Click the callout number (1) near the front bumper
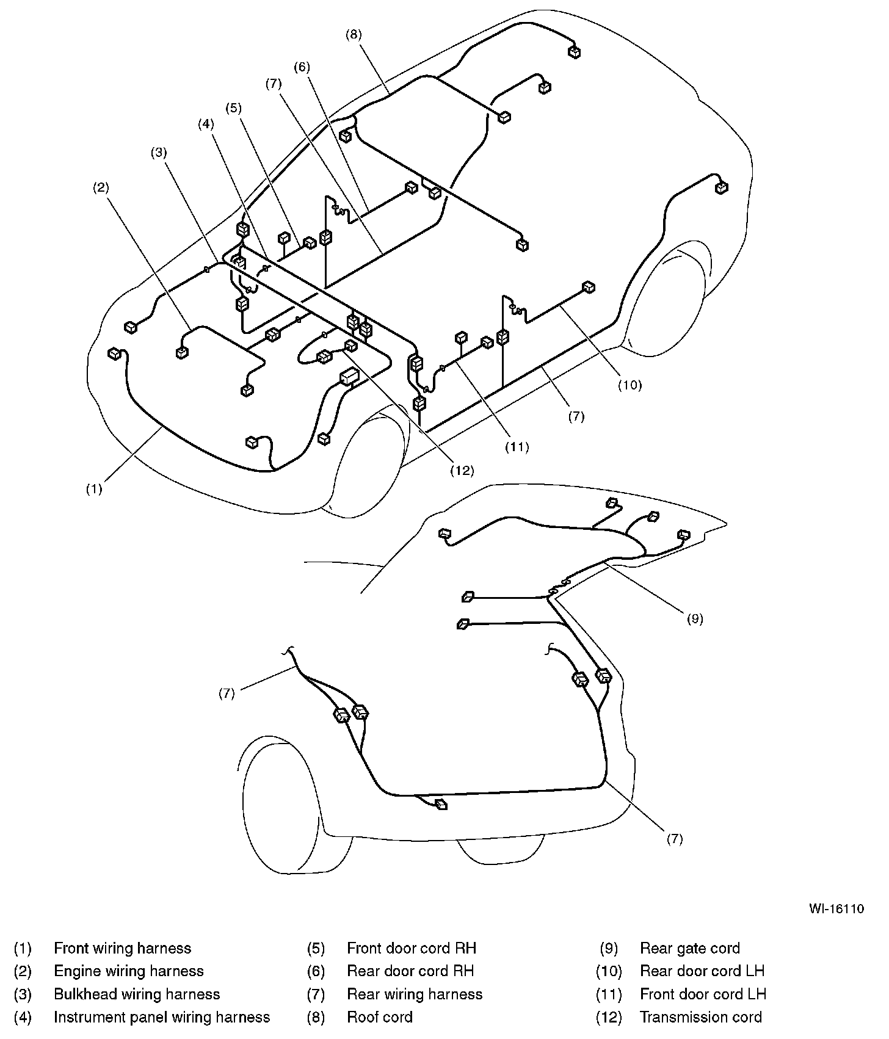(93, 489)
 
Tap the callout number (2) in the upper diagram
(101, 188)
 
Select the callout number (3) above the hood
(159, 153)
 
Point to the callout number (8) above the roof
(354, 35)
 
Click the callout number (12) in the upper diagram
(462, 470)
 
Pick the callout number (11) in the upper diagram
(517, 447)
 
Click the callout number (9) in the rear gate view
(695, 618)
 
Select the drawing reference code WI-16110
(836, 908)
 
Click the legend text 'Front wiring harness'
(122, 948)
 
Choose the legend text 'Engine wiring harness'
(129, 971)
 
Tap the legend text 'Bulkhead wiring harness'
(137, 994)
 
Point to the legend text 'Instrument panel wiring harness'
(162, 1017)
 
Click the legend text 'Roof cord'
(380, 1017)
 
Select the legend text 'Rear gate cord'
(690, 948)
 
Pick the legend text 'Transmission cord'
(701, 1017)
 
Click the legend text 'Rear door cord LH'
(702, 971)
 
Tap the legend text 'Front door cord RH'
(412, 948)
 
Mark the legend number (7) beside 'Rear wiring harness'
(316, 994)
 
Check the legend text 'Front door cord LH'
(703, 994)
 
